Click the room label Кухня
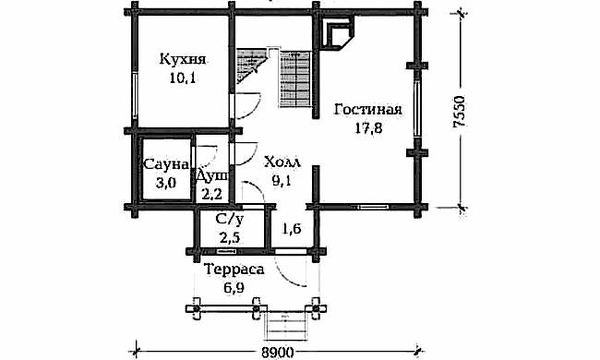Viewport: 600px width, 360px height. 183,60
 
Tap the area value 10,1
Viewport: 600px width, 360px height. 183,78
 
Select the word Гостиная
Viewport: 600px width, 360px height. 367,110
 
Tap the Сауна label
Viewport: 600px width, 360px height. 166,166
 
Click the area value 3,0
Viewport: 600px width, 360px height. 166,183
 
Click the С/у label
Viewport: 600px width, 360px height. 228,221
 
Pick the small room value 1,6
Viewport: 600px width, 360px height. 292,228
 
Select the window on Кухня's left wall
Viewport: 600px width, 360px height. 135,91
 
